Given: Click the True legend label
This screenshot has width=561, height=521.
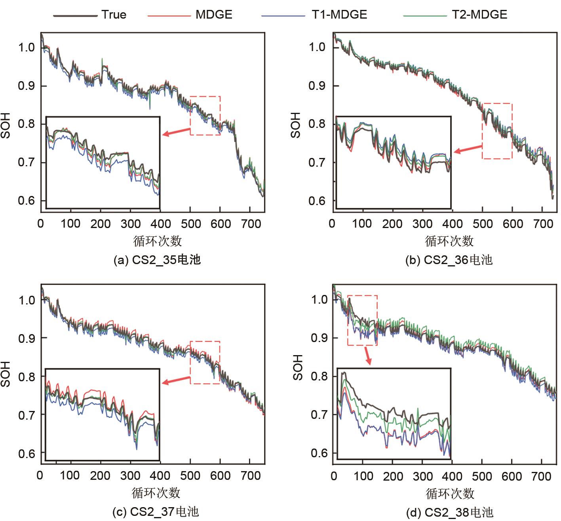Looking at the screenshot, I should [114, 15].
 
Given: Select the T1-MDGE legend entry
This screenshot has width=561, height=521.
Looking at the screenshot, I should [339, 15].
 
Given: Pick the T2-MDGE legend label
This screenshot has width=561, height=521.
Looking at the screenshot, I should [479, 15].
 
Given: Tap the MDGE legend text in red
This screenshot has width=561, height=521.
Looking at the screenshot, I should [214, 15].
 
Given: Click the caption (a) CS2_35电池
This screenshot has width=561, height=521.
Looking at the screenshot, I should [157, 260].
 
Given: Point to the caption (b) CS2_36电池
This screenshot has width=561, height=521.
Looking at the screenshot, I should [449, 260].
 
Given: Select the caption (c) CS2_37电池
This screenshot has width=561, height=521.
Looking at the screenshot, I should [156, 511].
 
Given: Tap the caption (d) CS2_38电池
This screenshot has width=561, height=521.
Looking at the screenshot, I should [450, 513].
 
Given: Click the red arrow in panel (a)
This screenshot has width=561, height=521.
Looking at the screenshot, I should [176, 132].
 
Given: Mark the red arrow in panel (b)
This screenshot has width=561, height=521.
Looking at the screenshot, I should [468, 149].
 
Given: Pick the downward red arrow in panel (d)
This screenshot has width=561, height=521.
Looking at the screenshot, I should [368, 355].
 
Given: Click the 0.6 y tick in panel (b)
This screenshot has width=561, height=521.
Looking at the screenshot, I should [317, 201].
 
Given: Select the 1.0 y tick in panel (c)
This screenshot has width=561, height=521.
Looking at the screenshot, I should [27, 300].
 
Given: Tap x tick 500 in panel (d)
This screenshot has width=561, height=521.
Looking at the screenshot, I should [482, 476].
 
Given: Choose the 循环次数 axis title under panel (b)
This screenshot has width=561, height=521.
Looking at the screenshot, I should [449, 241].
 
